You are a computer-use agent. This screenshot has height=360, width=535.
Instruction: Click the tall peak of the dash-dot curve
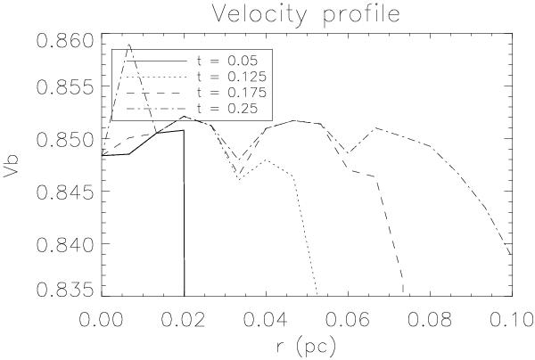[129, 45]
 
